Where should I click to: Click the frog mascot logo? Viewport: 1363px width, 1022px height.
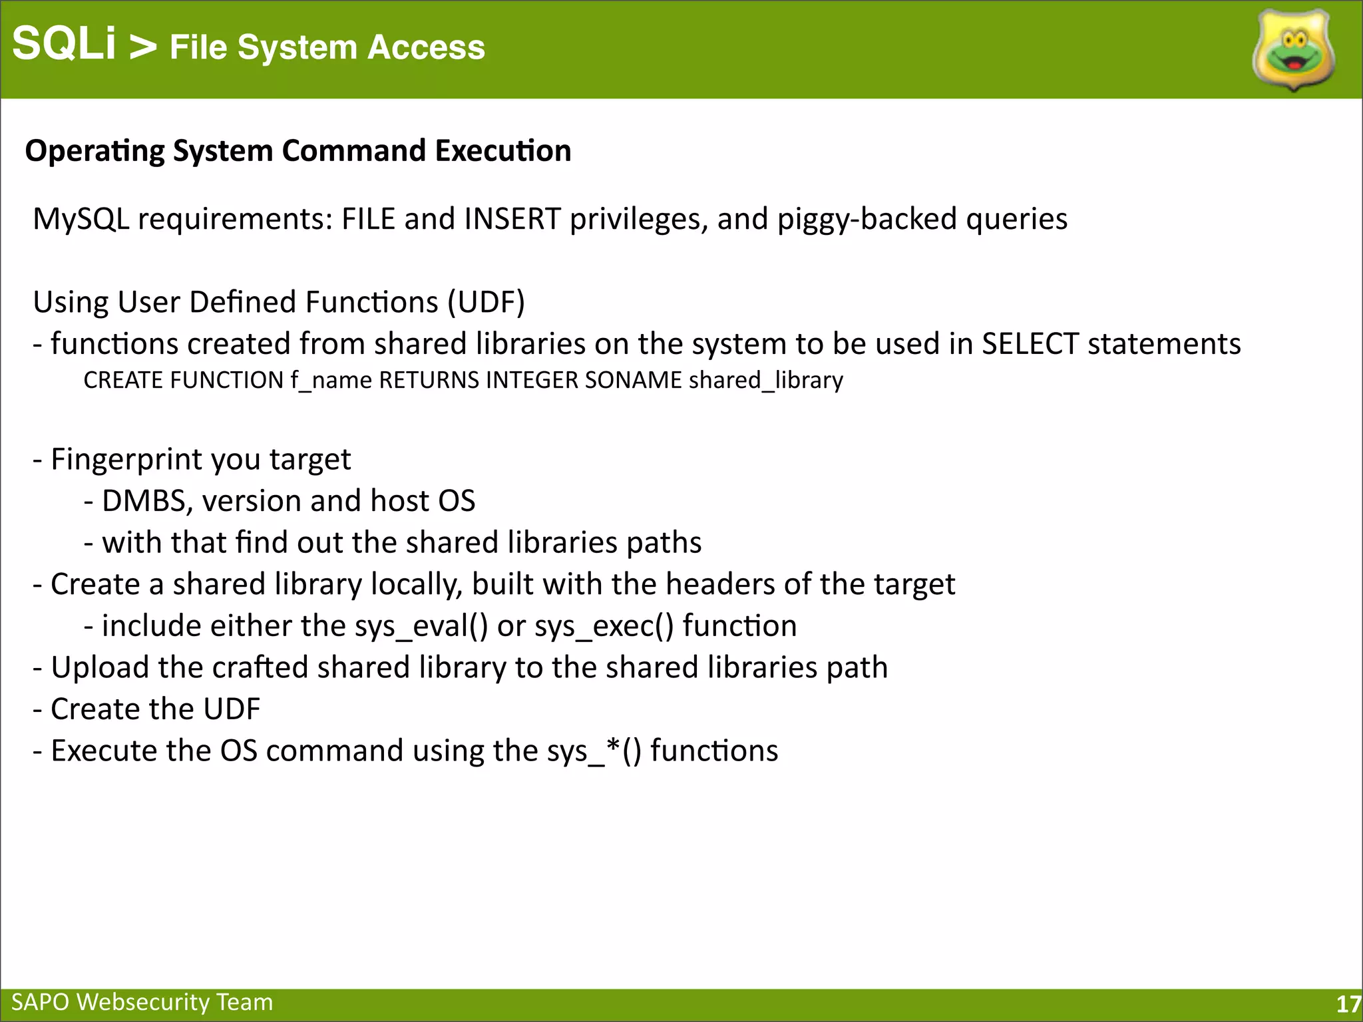(1293, 51)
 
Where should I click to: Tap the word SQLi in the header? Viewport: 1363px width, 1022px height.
(64, 44)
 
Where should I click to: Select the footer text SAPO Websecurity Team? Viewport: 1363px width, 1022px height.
(142, 1002)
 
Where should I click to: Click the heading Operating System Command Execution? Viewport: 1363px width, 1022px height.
(298, 151)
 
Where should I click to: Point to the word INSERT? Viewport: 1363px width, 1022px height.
(512, 219)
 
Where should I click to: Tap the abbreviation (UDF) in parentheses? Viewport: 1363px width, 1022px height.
(486, 302)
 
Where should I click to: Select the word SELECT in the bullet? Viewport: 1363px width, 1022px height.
(1030, 344)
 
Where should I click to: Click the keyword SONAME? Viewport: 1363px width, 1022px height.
(633, 380)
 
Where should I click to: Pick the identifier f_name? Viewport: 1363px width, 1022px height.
(331, 381)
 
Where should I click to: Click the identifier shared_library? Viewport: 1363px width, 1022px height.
(765, 381)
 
